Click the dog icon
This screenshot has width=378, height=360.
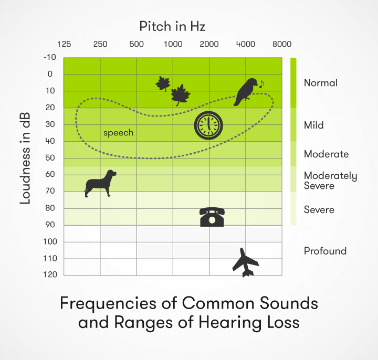100,184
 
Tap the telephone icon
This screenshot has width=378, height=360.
212,217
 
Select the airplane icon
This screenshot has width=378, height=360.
245,263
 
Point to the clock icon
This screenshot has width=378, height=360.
208,125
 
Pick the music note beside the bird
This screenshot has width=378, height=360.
261,84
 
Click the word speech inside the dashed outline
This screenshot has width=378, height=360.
118,133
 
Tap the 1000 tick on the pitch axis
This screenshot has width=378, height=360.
173,44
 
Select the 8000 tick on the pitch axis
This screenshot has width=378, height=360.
282,44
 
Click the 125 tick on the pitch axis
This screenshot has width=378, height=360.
64,44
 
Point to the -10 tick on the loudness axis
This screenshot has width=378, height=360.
50,57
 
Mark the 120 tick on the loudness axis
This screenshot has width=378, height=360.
50,274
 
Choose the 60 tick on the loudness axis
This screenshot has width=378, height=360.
50,174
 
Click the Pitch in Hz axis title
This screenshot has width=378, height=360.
172,26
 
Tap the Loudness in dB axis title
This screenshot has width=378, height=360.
25,158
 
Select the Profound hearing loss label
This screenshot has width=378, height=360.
325,251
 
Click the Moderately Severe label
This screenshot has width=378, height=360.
331,181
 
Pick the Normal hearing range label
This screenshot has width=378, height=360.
321,83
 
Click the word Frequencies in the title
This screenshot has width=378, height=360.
108,303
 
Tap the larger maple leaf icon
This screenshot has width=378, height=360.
181,95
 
